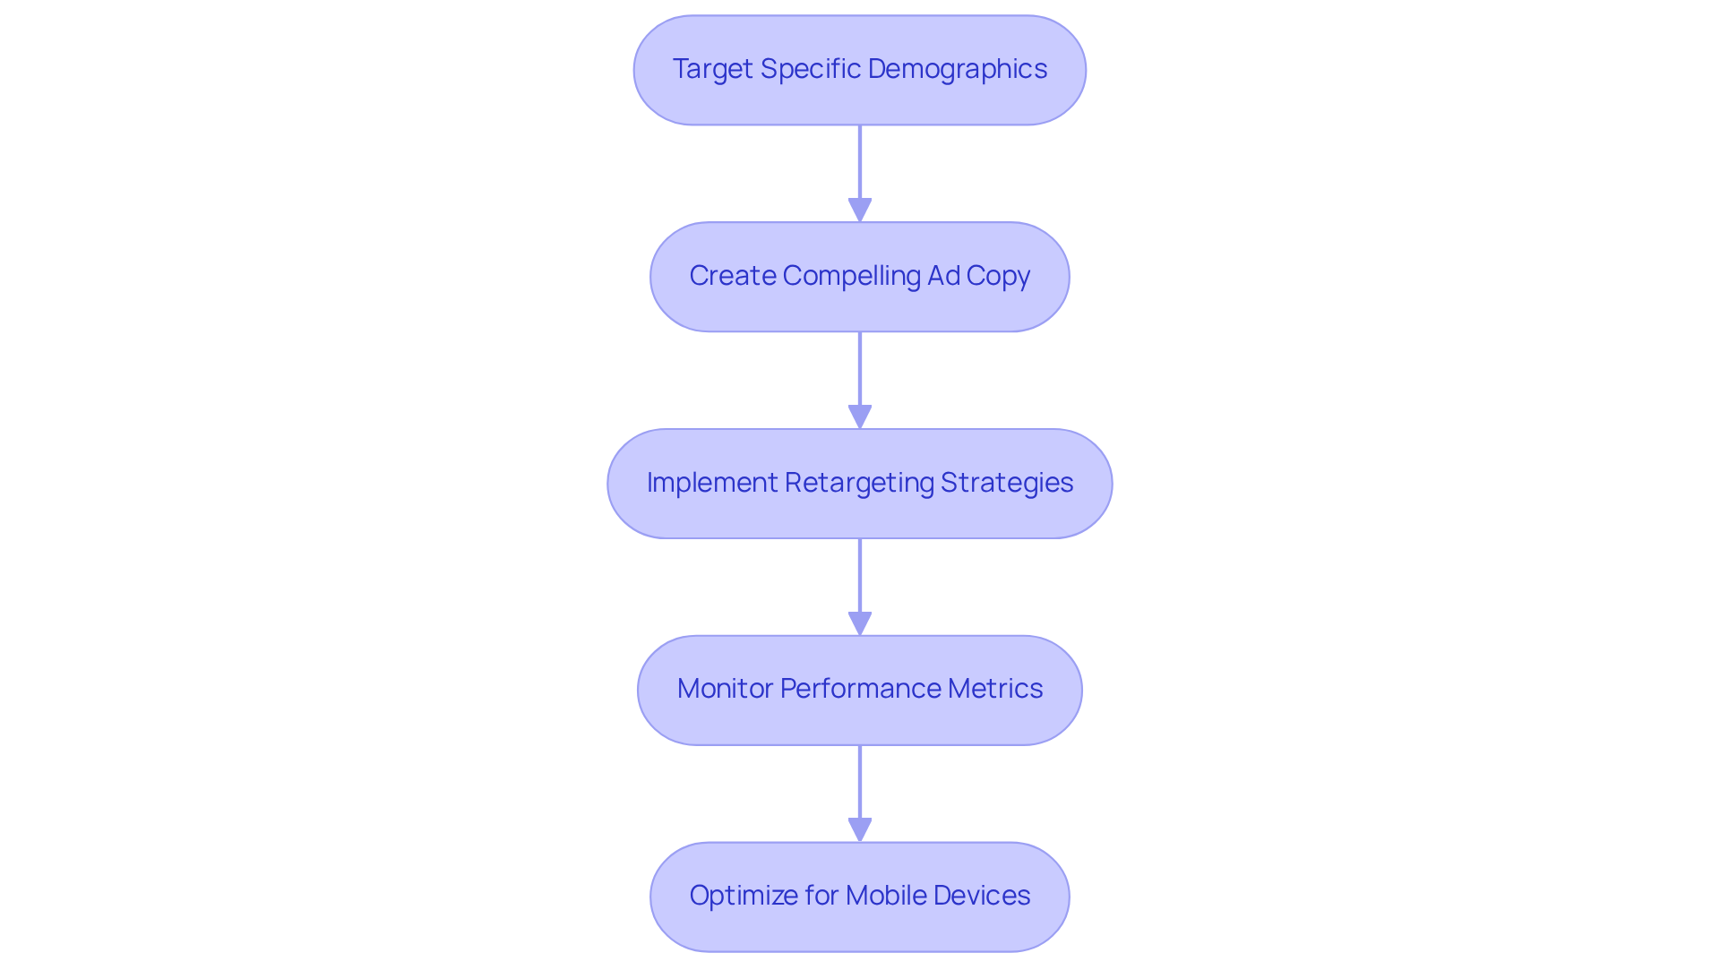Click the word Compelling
851,276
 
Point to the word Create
732,276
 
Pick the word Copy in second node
998,276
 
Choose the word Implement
712,483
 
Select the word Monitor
725,689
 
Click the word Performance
860,689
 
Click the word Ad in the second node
943,276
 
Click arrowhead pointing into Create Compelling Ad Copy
860,210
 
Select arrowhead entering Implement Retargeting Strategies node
860,416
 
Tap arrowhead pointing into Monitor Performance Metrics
860,623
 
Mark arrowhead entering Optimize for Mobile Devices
860,829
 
